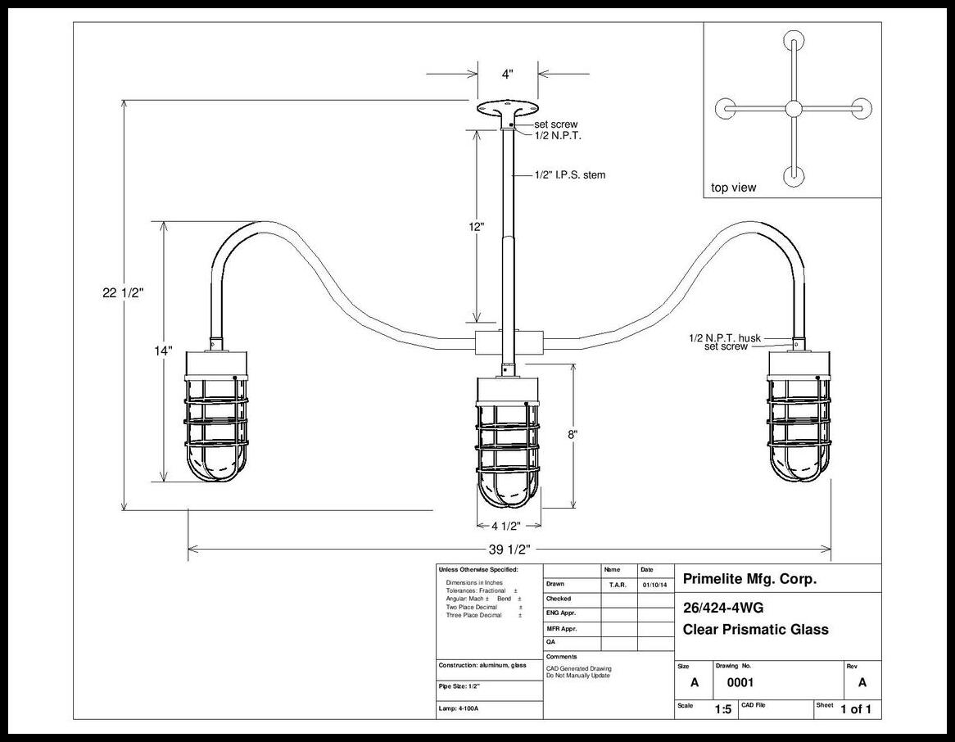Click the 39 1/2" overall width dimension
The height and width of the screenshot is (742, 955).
pos(509,550)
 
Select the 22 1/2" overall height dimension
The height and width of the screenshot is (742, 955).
pos(123,293)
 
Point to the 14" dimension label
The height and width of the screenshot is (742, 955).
pos(163,351)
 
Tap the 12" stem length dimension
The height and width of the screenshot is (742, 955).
pos(477,227)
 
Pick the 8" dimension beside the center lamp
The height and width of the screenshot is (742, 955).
pos(573,435)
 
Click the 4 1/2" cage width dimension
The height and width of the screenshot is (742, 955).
pos(505,526)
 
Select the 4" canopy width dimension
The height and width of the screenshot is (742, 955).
pos(507,75)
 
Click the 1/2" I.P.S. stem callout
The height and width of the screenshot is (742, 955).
pos(570,174)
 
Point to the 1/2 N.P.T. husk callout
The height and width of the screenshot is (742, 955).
pos(725,337)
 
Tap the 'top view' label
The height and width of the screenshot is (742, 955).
pos(733,188)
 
